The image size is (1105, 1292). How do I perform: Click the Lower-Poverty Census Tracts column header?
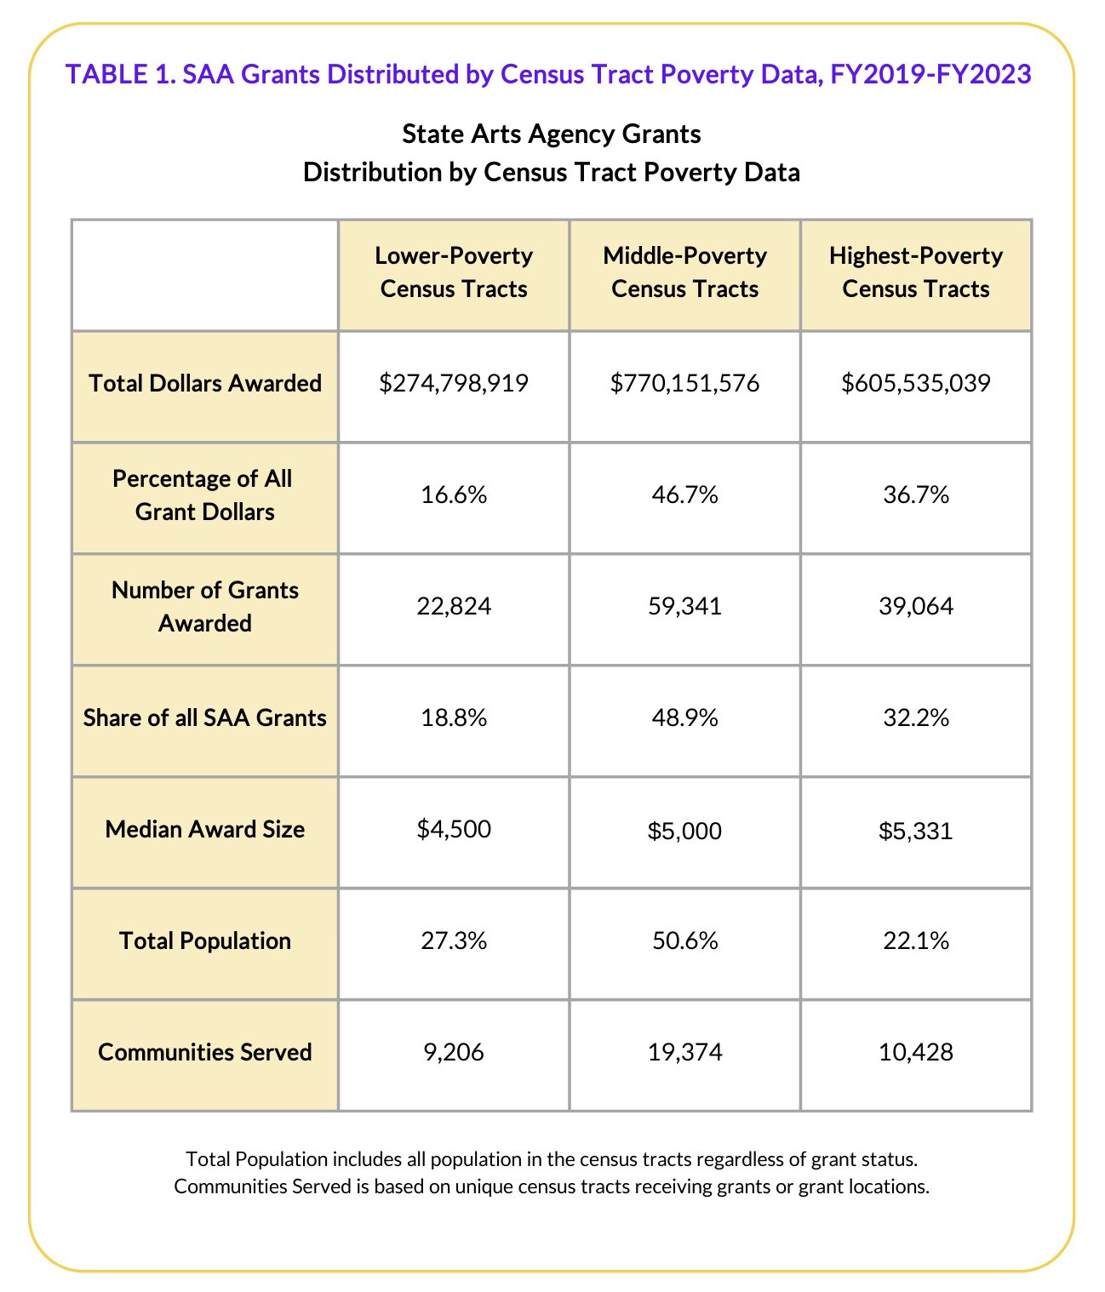454,272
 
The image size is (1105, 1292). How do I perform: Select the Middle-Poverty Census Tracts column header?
684,272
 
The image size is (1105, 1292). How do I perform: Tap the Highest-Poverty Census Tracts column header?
916,272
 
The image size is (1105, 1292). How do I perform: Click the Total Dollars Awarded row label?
205,384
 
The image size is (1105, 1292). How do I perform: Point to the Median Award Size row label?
205,830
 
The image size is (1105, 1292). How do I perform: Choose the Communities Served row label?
205,1053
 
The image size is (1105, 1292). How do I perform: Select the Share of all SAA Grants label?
205,718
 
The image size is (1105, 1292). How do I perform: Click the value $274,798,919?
454,384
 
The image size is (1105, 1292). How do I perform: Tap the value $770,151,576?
684,384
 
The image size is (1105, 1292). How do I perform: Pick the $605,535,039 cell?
916,384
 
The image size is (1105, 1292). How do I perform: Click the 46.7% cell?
684,495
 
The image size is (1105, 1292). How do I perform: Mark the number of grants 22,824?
454,607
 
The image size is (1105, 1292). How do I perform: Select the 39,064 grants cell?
916,607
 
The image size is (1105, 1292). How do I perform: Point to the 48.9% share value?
684,718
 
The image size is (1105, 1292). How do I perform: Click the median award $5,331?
916,830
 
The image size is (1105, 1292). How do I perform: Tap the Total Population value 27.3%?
454,941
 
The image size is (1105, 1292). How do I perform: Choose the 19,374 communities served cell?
684,1053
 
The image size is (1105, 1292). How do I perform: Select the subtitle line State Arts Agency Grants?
552,134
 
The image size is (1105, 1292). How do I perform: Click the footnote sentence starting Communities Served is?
552,1186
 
